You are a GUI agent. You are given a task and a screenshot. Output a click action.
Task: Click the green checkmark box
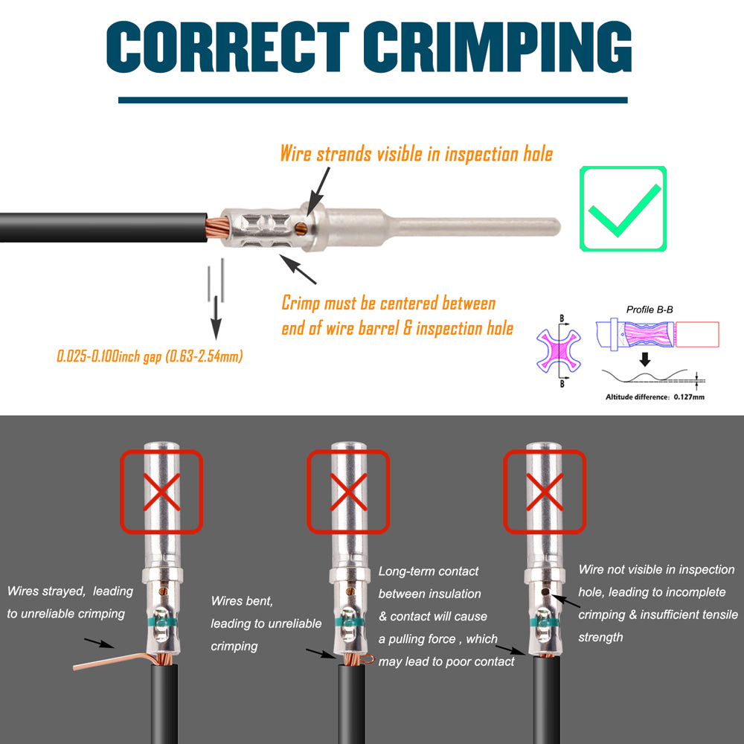pos(623,208)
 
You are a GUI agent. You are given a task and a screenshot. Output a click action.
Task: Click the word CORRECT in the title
pos(228,46)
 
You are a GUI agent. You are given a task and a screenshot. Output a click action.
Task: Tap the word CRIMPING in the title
pos(498,46)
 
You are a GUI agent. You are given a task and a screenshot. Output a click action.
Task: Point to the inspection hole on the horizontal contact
pos(301,228)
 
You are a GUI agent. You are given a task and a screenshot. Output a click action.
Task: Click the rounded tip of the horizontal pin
pos(556,226)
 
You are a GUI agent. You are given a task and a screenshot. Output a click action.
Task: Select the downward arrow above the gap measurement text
pos(216,318)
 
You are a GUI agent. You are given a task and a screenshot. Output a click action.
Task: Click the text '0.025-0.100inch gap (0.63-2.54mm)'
pos(150,356)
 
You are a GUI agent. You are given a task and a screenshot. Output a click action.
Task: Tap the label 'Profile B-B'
pos(650,310)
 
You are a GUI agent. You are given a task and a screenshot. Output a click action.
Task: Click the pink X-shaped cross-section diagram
pos(559,350)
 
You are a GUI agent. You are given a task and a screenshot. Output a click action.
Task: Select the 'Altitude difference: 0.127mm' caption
pos(655,397)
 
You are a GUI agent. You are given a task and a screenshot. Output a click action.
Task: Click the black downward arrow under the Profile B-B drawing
pos(645,359)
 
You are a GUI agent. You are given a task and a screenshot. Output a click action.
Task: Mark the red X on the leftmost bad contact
pos(161,492)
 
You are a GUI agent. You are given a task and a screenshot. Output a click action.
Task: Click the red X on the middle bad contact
pos(348,492)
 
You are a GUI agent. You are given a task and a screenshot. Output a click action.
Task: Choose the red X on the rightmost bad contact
pos(545,492)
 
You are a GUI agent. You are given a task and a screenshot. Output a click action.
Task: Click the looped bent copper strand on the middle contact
pos(367,658)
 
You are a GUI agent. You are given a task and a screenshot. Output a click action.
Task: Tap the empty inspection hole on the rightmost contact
pos(545,591)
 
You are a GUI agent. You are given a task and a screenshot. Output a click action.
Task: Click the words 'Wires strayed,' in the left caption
pos(46,591)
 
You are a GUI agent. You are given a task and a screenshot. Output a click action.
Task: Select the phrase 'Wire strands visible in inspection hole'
pos(416,154)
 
